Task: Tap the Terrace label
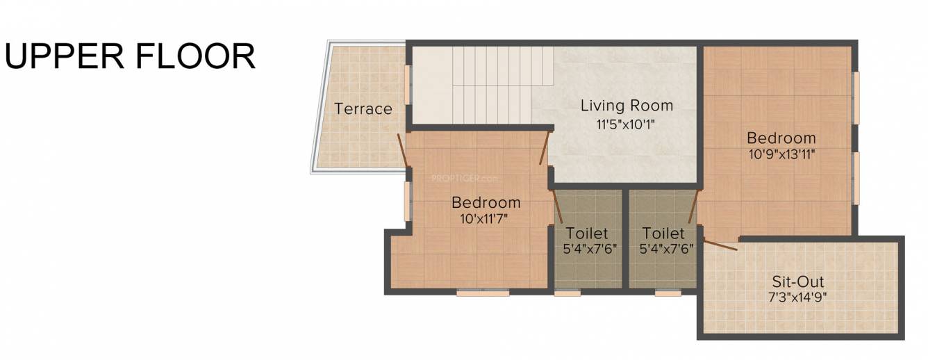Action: [363, 109]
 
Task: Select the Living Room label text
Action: [627, 106]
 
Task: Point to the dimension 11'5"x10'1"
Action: [627, 125]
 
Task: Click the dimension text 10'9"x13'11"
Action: [781, 155]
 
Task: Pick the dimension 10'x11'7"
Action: [486, 220]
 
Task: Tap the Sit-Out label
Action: [798, 282]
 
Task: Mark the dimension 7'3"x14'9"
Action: [798, 299]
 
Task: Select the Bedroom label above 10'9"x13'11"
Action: [781, 138]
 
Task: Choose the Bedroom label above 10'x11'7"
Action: [486, 203]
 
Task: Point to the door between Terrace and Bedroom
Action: [402, 150]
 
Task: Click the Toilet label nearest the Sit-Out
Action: [663, 234]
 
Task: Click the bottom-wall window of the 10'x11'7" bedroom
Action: [483, 293]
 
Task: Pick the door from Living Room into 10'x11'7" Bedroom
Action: [545, 148]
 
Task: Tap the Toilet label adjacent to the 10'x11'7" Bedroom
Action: [587, 234]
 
